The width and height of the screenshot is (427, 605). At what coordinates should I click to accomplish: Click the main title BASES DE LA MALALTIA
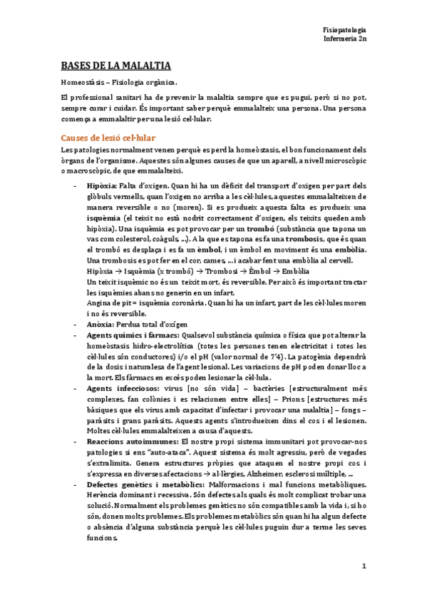115,66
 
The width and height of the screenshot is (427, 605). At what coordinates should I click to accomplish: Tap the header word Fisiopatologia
344,29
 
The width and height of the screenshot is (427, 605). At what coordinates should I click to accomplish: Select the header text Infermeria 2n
345,40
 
